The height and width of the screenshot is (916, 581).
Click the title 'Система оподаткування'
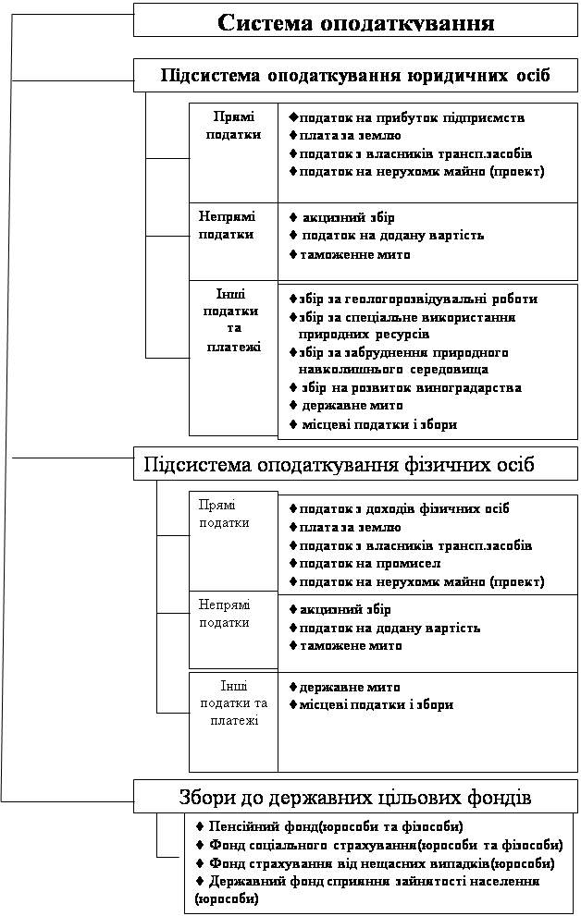click(x=355, y=21)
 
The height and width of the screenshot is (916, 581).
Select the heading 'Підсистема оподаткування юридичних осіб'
click(x=355, y=75)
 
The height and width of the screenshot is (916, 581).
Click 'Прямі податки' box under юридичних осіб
click(x=233, y=126)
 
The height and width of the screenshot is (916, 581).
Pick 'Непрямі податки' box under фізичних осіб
click(x=224, y=614)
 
